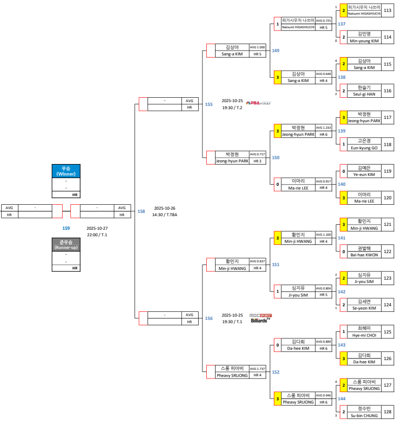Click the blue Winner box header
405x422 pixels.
point(66,171)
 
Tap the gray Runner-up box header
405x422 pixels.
point(66,244)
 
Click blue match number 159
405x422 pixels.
point(66,228)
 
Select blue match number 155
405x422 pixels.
point(209,104)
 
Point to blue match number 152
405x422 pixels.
point(275,372)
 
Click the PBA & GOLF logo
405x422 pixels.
point(258,102)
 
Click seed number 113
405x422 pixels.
point(388,10)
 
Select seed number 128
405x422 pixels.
point(388,412)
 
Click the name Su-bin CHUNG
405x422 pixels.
point(364,415)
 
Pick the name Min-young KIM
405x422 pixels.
point(364,41)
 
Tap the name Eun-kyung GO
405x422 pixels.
point(364,148)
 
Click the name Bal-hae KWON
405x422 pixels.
point(364,255)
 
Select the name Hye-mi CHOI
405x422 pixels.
point(364,335)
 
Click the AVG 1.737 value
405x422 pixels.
point(257,368)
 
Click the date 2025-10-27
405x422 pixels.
point(97,228)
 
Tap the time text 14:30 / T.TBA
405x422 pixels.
point(165,215)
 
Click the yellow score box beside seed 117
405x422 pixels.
point(343,117)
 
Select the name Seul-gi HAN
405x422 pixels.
point(364,94)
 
